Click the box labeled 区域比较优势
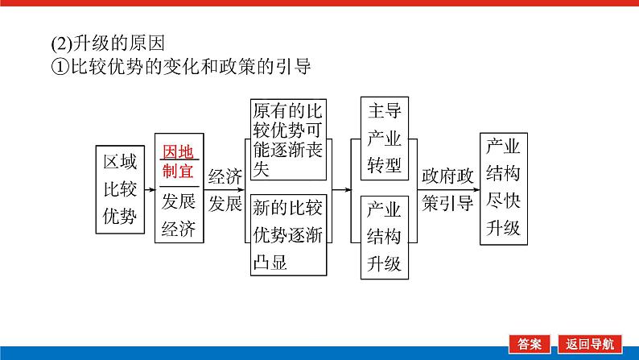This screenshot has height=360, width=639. (x=120, y=191)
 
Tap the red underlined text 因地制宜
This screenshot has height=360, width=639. (x=178, y=161)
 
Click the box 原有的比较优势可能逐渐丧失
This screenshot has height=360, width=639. (x=288, y=139)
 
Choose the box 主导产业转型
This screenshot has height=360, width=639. (x=384, y=139)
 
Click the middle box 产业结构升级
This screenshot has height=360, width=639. (x=384, y=236)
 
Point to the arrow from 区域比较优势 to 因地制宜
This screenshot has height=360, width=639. (x=148, y=190)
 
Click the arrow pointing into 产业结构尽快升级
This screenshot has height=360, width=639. (x=476, y=190)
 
